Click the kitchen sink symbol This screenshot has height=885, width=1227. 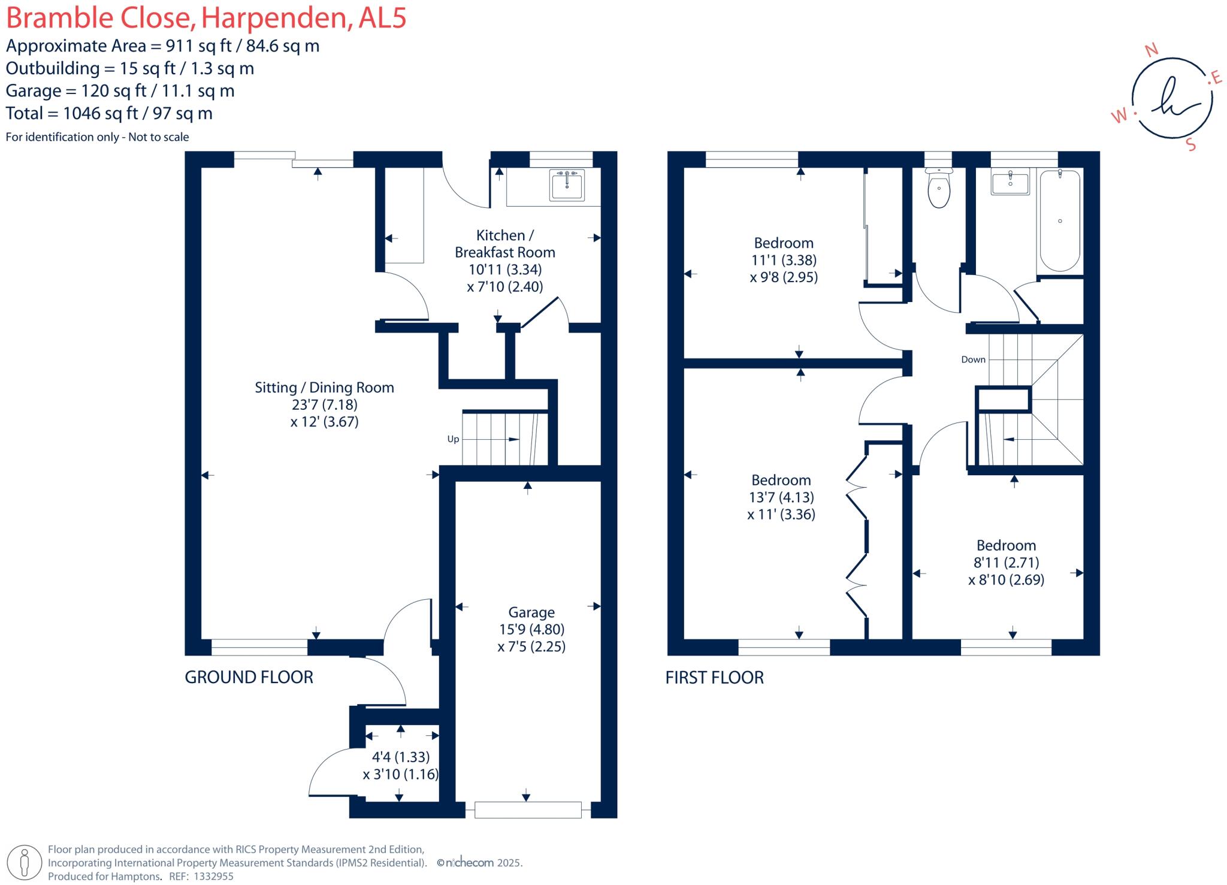point(566,184)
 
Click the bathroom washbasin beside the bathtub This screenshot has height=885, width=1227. point(1010,182)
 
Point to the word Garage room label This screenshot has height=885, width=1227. point(531,612)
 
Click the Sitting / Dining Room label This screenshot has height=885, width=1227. point(324,388)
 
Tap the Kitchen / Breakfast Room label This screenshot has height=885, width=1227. point(504,243)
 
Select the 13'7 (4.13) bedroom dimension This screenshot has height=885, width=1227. point(781,497)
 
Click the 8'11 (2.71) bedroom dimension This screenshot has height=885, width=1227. point(1006,563)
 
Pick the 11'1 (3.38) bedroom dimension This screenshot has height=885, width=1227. point(784,260)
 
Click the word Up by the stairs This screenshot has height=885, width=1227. point(453,439)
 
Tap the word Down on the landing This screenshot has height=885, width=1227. point(973,360)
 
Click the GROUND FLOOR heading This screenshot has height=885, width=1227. point(249,677)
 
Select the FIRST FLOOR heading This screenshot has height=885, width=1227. point(714,678)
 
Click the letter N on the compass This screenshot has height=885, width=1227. point(1151,51)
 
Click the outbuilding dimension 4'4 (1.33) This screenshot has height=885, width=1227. point(400,757)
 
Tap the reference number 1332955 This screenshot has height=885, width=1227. point(213,876)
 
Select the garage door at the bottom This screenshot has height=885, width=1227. point(527,810)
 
